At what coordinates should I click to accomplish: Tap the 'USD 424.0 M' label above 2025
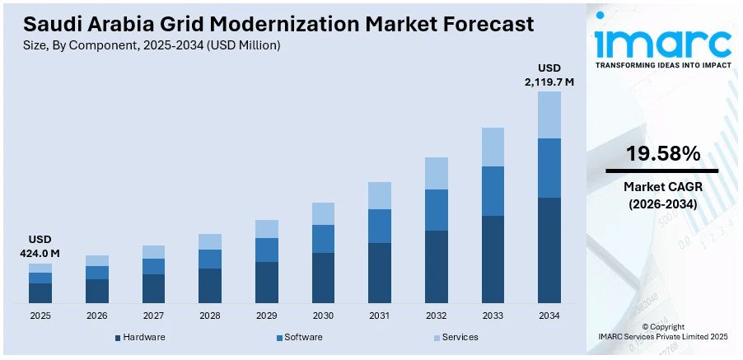(40, 246)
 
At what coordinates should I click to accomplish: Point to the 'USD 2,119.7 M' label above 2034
(549, 75)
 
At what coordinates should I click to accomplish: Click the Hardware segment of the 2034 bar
(549, 250)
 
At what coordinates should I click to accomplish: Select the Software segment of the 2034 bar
(549, 168)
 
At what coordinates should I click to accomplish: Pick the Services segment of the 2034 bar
(549, 115)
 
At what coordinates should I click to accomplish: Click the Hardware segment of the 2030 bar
(323, 278)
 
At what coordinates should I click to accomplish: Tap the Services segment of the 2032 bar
(437, 173)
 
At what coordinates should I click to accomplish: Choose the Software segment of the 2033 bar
(493, 191)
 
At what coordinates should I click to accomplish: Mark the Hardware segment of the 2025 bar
(40, 292)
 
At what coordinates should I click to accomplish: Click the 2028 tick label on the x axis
(210, 316)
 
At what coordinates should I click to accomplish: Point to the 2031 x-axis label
(380, 316)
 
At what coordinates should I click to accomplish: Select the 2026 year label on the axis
(96, 316)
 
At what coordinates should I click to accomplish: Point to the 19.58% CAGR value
(662, 154)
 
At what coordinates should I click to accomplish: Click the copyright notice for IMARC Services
(662, 332)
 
